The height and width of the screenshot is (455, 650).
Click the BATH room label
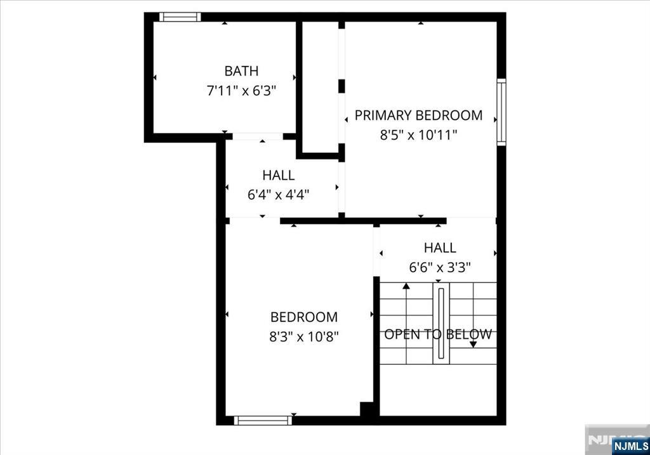241,71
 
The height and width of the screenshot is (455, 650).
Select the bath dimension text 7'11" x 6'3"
241,91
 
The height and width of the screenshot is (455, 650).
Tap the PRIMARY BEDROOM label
418,115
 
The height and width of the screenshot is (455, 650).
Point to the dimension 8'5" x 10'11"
418,135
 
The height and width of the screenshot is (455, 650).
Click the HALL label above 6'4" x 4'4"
279,175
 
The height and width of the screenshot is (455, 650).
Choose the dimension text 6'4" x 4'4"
279,194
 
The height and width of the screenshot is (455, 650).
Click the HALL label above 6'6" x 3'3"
440,248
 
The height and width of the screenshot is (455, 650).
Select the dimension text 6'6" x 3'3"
440,268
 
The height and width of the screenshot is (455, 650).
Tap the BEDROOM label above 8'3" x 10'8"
304,317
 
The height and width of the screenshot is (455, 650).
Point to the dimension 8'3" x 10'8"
304,336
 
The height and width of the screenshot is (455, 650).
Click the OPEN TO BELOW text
438,334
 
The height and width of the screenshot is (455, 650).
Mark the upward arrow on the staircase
406,287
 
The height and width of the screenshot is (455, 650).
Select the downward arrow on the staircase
473,344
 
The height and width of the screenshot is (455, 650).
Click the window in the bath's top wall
180,17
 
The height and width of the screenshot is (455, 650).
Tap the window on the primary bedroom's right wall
501,112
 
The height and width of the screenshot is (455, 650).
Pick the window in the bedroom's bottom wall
263,420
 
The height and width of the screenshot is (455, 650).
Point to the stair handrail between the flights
441,324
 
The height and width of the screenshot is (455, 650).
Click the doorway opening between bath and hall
258,136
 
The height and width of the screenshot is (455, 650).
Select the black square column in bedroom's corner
367,409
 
